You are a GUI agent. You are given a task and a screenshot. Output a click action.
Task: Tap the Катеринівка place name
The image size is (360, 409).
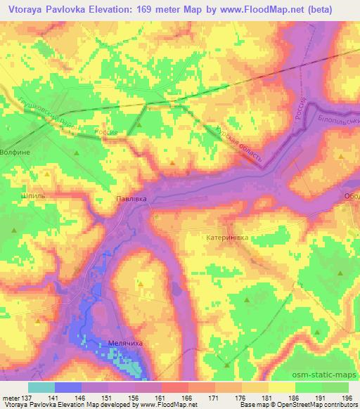(228, 238)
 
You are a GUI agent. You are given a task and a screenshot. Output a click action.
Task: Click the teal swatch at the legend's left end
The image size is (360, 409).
(41, 387)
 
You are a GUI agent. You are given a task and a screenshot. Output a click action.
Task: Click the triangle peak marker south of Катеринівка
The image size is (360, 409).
(247, 300)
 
